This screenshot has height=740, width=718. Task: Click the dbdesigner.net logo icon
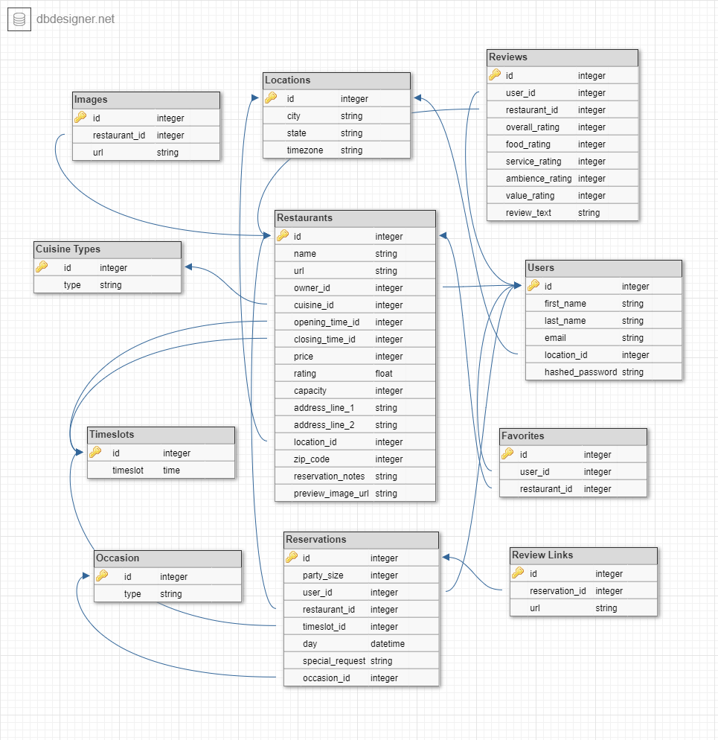[x=19, y=19]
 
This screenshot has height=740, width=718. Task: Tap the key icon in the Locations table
[x=271, y=98]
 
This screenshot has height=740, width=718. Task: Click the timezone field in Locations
[x=304, y=150]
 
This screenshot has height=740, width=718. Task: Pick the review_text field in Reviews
[x=528, y=212]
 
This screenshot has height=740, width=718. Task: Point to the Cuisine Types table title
[x=68, y=249]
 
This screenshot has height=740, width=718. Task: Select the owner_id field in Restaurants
[x=312, y=287]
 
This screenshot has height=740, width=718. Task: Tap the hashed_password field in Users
[x=580, y=371]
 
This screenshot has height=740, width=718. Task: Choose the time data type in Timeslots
[x=171, y=470]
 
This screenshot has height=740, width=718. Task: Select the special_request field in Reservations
[x=334, y=660]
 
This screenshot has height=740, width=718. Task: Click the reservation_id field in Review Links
[x=558, y=590]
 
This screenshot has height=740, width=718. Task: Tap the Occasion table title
[x=118, y=558]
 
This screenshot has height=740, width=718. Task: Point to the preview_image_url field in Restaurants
[x=331, y=493]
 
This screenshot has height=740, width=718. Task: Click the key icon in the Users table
[x=533, y=285]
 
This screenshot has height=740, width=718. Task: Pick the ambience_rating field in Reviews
[x=539, y=178]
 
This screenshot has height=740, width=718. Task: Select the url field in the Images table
[x=99, y=152]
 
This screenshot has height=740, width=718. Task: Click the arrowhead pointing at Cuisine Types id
[x=189, y=267]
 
